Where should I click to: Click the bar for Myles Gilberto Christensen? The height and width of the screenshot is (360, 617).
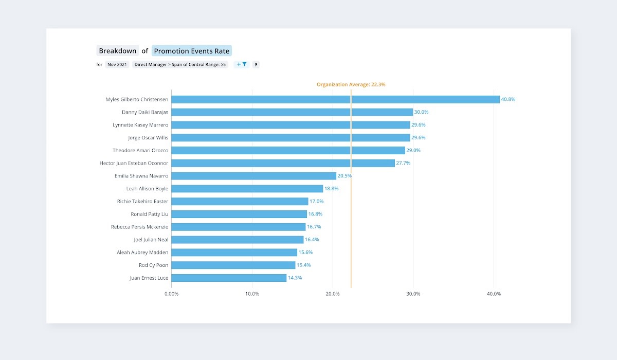[x=335, y=99]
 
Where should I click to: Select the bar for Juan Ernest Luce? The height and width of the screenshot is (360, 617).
[x=229, y=278]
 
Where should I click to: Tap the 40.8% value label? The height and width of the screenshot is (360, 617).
[x=508, y=99]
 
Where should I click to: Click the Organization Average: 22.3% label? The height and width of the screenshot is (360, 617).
[x=351, y=84]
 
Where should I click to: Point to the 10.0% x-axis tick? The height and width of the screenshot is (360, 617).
[x=252, y=294]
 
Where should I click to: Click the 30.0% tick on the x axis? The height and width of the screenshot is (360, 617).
[x=413, y=294]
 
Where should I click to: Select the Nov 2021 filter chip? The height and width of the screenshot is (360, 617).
[x=117, y=65]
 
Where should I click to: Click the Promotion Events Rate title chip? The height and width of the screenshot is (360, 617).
[x=192, y=51]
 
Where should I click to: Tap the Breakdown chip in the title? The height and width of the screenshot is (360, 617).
[x=118, y=51]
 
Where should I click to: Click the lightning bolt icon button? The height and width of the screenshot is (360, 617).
[x=256, y=65]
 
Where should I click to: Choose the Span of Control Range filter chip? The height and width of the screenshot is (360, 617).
[x=180, y=65]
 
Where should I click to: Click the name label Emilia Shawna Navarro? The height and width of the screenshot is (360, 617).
[x=141, y=176]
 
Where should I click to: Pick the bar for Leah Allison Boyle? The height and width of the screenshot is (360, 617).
[x=247, y=189]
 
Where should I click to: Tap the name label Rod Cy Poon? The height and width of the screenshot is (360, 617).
[x=153, y=265]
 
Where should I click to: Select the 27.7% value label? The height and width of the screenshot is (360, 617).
[x=403, y=163]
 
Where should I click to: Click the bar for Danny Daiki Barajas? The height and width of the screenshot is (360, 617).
[x=292, y=112]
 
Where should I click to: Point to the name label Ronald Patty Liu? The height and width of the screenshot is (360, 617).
[x=149, y=214]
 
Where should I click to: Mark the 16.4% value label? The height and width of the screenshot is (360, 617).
[x=312, y=240]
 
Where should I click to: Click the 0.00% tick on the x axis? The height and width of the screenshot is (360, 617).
[x=171, y=294]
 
